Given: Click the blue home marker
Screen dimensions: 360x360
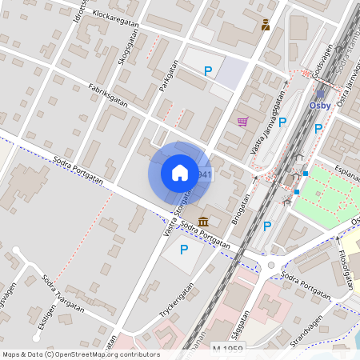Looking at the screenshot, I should pos(180,172).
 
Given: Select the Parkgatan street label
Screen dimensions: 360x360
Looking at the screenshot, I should pos(166,76).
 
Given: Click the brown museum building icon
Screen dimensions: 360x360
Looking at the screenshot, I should pos(203,221).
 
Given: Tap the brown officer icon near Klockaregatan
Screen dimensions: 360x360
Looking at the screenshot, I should pos(266,25).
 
